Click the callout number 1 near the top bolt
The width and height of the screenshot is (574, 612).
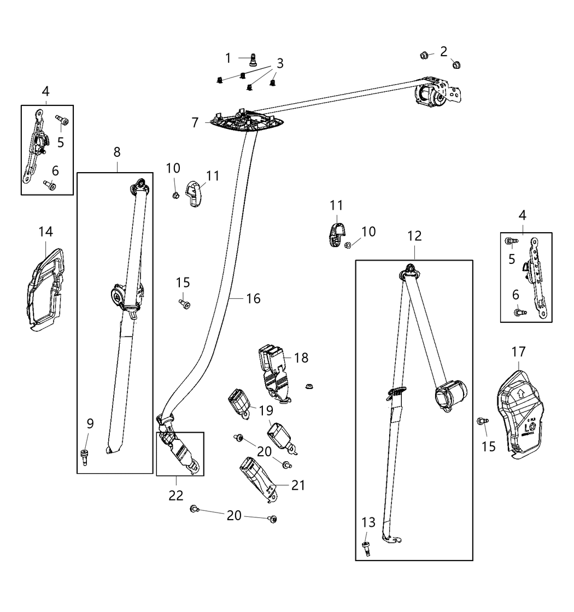[229, 57]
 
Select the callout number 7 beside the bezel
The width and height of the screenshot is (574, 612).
[195, 122]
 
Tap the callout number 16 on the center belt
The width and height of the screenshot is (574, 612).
[253, 298]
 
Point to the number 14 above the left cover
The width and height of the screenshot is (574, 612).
[45, 232]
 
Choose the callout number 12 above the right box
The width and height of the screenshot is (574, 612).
[414, 236]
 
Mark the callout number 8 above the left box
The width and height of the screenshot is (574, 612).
[118, 152]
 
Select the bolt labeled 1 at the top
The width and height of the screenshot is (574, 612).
[253, 58]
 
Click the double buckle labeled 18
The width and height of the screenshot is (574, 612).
[276, 369]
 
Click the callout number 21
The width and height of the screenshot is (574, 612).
[298, 485]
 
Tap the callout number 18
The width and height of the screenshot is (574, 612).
[301, 358]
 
